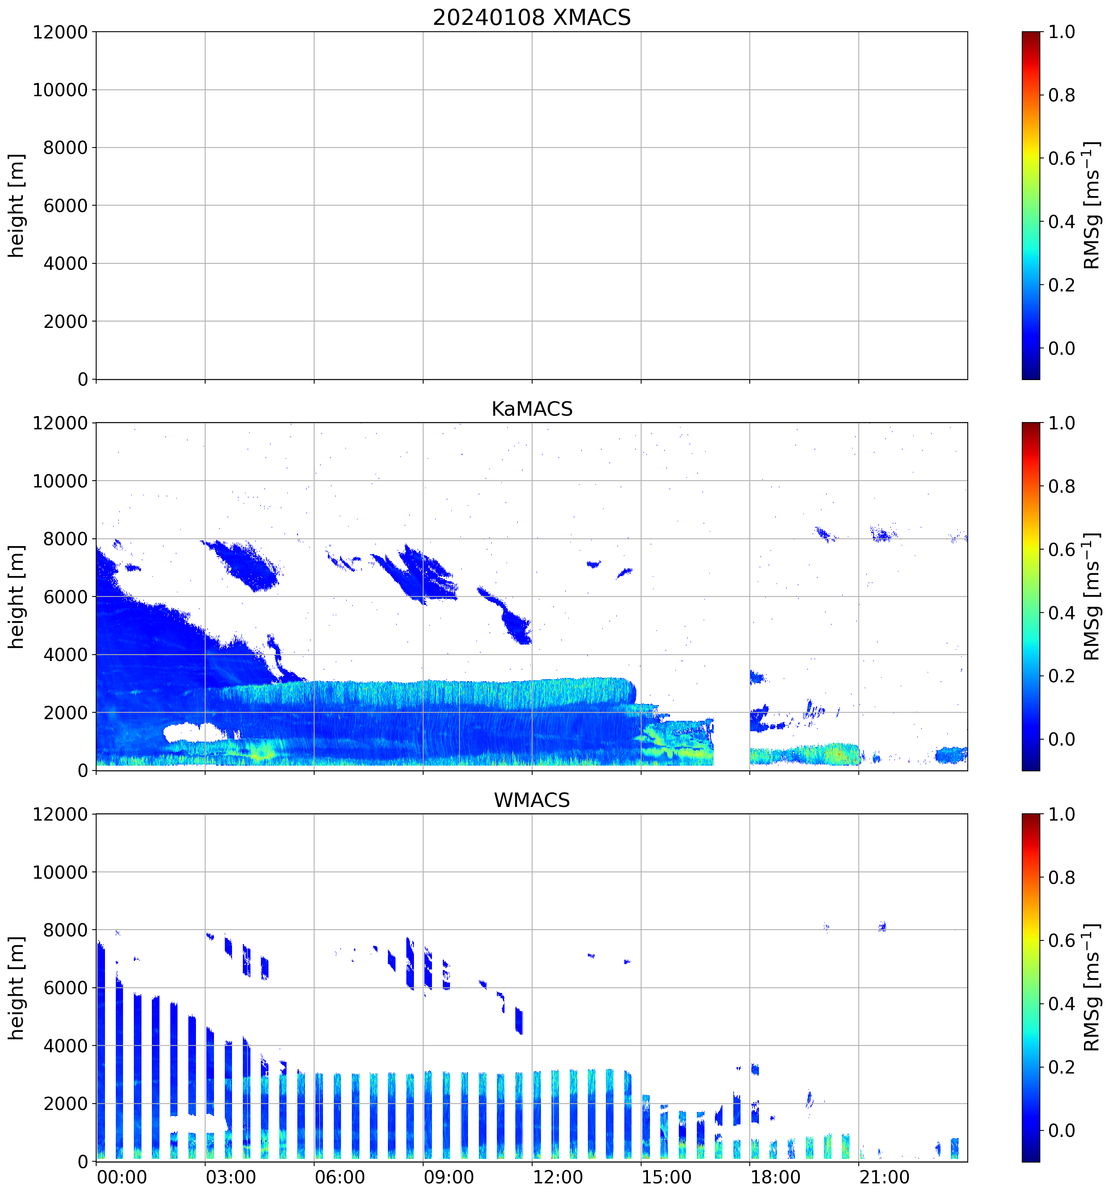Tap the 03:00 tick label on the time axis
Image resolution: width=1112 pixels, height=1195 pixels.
(231, 1177)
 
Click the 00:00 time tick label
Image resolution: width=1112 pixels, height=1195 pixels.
(122, 1177)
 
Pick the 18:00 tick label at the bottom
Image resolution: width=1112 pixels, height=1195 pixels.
(775, 1177)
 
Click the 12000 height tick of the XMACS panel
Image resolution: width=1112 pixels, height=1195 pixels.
(60, 32)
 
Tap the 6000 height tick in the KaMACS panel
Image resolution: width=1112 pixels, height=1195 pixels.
(65, 597)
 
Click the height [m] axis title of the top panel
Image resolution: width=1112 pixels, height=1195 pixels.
(17, 206)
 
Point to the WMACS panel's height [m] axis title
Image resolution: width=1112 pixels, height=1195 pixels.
(17, 988)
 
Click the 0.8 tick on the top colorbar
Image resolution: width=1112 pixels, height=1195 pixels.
(1062, 95)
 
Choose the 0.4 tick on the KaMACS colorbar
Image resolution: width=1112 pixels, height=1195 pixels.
(1062, 613)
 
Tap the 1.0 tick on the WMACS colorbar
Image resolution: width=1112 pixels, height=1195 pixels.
(1062, 815)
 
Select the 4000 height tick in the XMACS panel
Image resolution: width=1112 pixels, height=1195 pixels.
(65, 263)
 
